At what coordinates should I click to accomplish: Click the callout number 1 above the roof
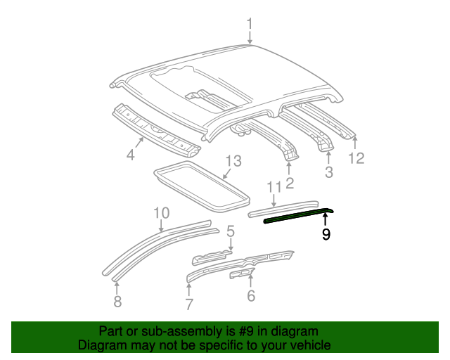249,25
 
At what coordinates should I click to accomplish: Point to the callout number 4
130,154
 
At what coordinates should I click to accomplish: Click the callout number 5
230,231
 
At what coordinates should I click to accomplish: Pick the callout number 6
251,296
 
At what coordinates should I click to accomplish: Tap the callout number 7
188,304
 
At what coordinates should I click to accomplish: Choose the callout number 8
117,302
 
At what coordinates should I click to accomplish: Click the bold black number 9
326,235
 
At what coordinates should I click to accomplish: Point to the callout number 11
274,186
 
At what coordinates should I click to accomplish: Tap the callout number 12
356,158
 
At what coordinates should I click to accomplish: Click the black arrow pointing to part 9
326,221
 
